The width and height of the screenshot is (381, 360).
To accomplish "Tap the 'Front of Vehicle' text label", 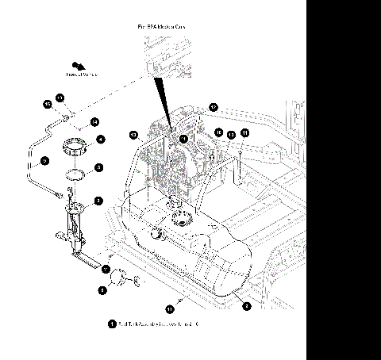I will pos(81,76).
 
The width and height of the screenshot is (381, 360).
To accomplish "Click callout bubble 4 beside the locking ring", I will pos(101,140).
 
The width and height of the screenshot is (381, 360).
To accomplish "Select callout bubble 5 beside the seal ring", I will pos(98,167).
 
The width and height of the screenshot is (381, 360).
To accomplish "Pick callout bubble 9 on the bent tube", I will pos(45,160).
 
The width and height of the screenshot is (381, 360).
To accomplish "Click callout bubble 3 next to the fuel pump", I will pos(98,201).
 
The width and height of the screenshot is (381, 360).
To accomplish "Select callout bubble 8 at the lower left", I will pos(102,291).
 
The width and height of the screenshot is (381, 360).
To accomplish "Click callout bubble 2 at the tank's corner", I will pos(247,305).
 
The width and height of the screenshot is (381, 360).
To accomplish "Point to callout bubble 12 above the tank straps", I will pos(213,106).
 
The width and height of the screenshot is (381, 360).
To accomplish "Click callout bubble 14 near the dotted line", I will pos(94,122).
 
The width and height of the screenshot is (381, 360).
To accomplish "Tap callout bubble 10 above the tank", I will pos(218,132).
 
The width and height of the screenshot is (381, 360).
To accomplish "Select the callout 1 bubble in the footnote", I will pos(112,325).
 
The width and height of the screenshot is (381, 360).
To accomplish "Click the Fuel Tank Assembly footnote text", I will pos(159,325).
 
